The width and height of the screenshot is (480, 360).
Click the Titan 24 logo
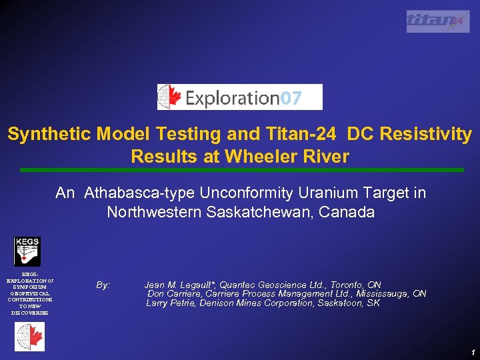[x=437, y=21]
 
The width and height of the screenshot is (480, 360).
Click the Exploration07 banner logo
[x=239, y=97]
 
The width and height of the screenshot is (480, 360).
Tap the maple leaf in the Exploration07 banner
[x=171, y=97]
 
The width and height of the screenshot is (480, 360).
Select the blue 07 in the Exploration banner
[x=291, y=99]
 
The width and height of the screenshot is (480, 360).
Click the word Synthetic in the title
[x=49, y=134]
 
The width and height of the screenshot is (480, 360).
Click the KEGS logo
[x=28, y=251]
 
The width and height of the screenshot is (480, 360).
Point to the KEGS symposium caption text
[x=29, y=293]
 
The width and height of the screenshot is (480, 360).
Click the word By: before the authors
[x=103, y=285]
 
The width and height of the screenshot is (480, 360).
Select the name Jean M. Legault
[x=179, y=285]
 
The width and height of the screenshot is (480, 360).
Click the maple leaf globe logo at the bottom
[x=29, y=337]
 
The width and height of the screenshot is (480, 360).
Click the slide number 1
[x=472, y=352]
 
